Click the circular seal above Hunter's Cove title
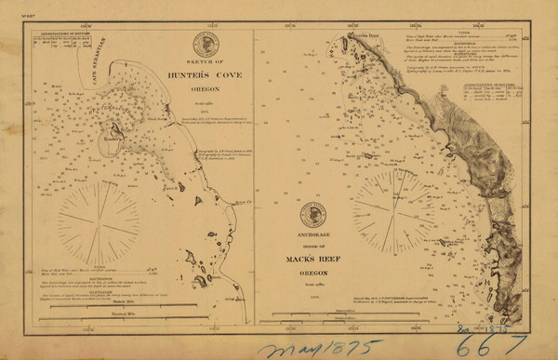(x=206, y=44)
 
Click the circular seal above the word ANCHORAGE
(x=312, y=215)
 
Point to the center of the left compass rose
(x=99, y=220)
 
